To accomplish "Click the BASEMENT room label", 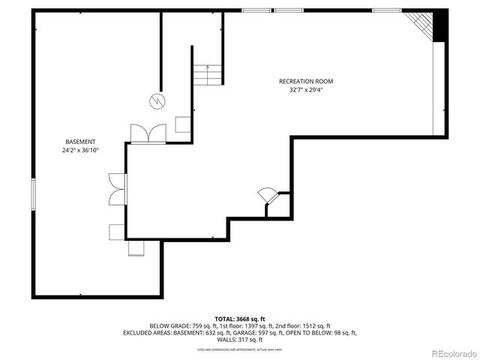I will point(80,142).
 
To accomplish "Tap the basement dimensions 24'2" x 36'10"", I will point(80,150).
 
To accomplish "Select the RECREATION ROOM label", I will point(305,81).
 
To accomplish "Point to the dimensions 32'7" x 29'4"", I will point(305,90).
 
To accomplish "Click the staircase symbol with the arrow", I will point(207,74).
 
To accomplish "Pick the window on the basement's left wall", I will point(33,194).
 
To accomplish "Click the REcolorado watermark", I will point(451,352).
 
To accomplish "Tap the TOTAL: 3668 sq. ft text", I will point(239,319).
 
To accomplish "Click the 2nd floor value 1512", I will point(313,325).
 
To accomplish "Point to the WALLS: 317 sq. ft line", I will point(240,339).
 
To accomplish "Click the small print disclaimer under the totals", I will point(239,349).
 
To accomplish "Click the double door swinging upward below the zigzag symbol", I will point(148,133).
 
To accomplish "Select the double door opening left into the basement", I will point(117,189).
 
